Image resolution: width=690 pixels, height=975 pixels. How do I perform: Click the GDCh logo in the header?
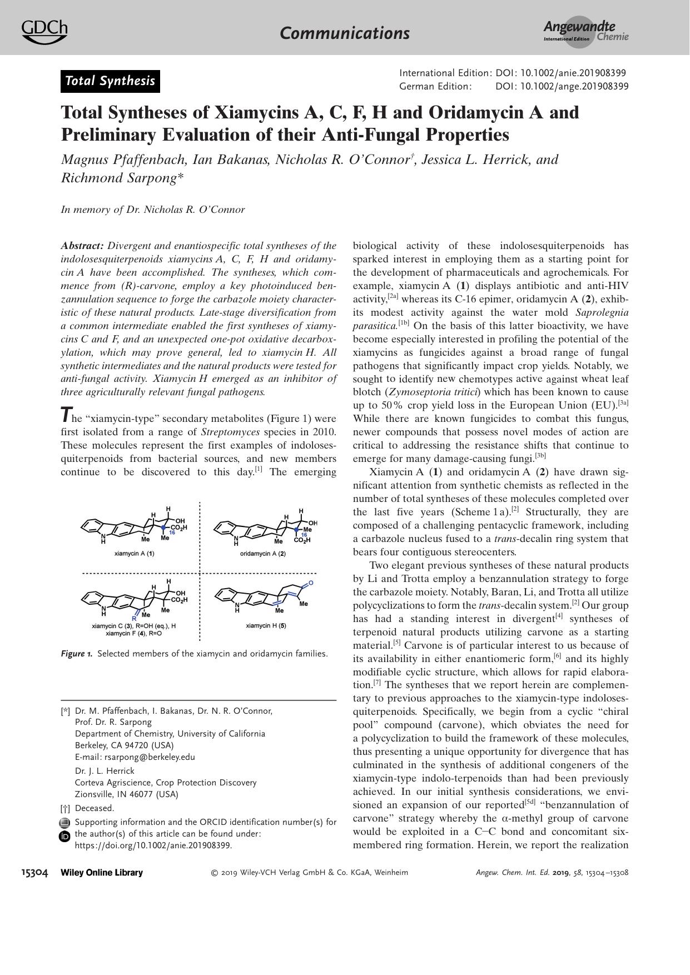click(44, 32)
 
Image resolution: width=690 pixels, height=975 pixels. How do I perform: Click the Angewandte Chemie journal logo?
click(586, 32)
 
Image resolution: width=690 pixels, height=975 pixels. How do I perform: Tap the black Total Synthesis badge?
click(110, 81)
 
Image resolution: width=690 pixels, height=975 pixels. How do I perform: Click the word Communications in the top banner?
click(345, 33)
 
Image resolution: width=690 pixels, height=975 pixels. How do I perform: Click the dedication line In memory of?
click(153, 210)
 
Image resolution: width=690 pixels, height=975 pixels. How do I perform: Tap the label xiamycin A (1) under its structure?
click(134, 554)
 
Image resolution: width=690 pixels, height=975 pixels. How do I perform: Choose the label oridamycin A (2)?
click(266, 554)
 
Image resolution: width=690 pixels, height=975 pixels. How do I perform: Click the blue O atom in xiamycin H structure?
click(311, 583)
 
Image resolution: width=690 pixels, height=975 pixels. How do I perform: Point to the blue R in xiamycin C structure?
click(134, 618)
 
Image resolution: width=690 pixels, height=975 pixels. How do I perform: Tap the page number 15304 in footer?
click(34, 872)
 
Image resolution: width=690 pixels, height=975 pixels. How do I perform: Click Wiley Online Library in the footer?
click(101, 872)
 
